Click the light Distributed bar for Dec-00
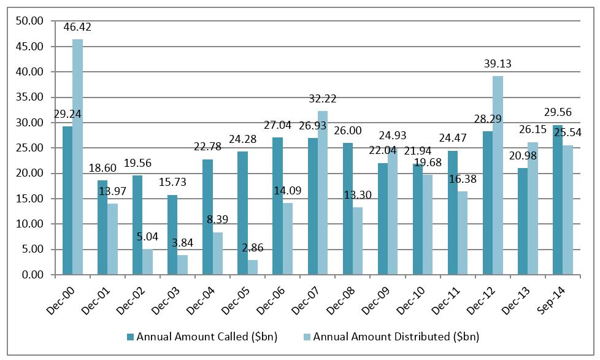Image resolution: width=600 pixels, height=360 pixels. tap(78, 157)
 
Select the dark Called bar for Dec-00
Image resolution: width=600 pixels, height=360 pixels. tap(67, 201)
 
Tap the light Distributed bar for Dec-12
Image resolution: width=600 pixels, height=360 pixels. tap(498, 175)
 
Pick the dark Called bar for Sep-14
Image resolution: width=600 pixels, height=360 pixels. tap(558, 200)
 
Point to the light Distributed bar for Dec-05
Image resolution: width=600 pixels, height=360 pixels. tap(253, 267)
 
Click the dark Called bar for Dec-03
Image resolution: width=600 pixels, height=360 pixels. tap(172, 235)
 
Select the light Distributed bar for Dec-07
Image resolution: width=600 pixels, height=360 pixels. tap(323, 193)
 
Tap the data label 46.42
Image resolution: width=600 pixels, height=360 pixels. tap(77, 27)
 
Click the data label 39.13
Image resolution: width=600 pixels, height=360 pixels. tap(498, 64)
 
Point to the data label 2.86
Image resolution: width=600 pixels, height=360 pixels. tap(253, 248)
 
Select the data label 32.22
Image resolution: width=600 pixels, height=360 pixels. tap(323, 99)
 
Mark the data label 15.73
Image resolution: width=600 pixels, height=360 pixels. tap(172, 182)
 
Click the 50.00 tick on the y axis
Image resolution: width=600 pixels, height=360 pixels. tap(30, 21)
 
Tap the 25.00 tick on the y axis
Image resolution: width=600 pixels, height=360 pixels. tap(30, 148)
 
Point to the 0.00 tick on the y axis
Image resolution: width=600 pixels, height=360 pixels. tap(33, 275)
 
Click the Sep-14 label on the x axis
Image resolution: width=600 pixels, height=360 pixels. tap(551, 301)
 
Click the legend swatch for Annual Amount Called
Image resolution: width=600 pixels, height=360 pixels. tap(131, 337)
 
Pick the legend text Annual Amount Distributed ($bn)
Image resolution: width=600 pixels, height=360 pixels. tap(396, 337)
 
